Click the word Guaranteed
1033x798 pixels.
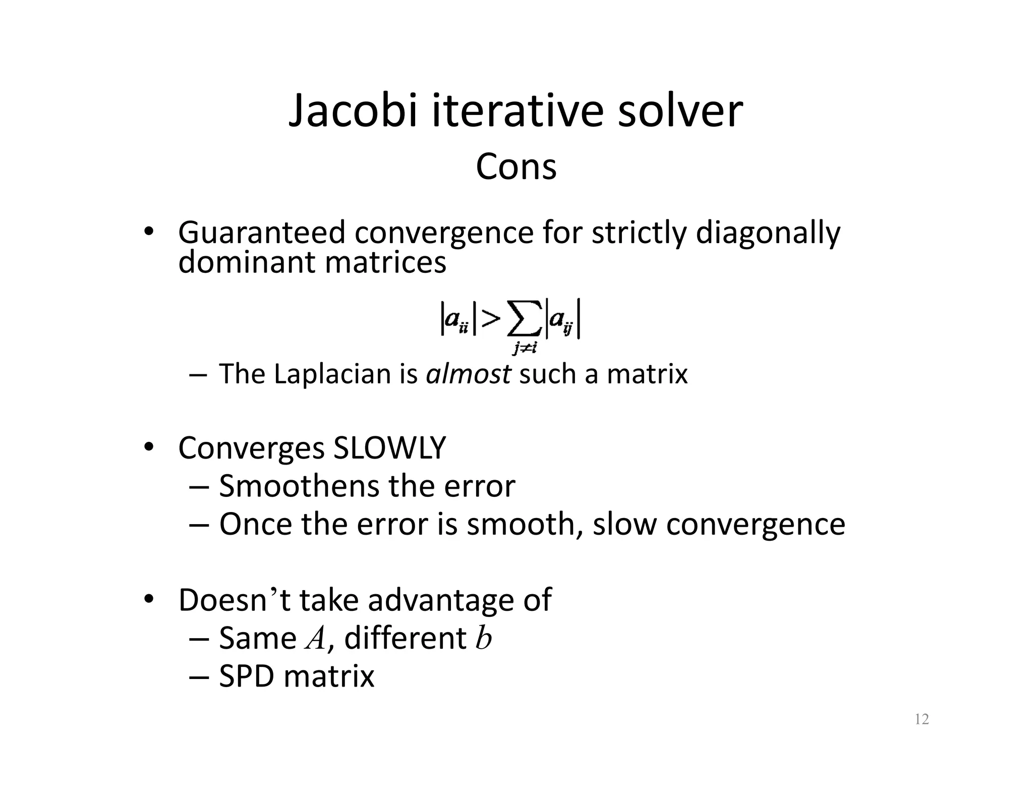click(x=261, y=234)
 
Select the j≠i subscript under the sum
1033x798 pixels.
click(x=524, y=348)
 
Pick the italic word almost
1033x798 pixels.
click(x=468, y=374)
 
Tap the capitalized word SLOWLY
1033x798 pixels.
click(x=389, y=448)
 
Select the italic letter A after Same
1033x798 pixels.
click(x=316, y=639)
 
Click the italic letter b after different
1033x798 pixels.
click(x=483, y=638)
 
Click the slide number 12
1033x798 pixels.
click(x=922, y=719)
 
